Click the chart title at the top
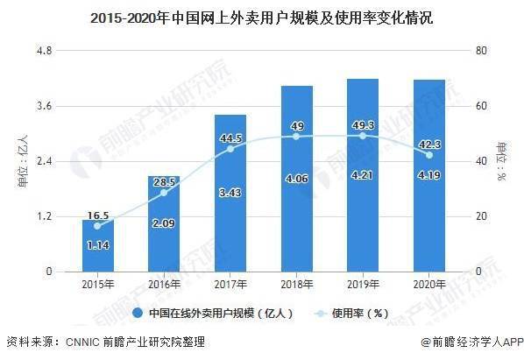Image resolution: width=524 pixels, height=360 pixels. pyautogui.click(x=262, y=17)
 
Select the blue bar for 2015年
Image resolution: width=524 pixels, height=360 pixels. pyautogui.click(x=97, y=250)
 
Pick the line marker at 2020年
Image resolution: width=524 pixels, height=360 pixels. pyautogui.click(x=428, y=155)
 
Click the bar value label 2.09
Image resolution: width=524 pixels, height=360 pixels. pyautogui.click(x=164, y=224)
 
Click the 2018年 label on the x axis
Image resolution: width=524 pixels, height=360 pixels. pyautogui.click(x=296, y=284)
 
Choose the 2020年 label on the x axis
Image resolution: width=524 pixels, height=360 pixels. pyautogui.click(x=428, y=284)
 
